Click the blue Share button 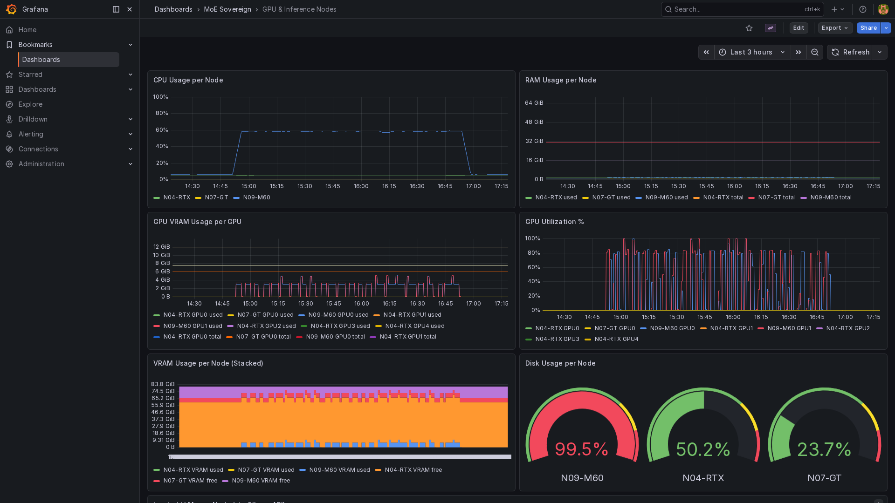tap(868, 28)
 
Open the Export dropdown tap(835, 28)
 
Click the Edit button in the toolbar tap(799, 28)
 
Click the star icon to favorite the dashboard tap(749, 28)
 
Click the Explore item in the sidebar tap(30, 104)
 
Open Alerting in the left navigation tap(31, 134)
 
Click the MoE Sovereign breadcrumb tap(227, 9)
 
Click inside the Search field tap(737, 9)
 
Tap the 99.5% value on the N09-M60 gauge tap(582, 449)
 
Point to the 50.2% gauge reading tap(703, 449)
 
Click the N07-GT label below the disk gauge tap(824, 478)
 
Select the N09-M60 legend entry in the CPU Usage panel tap(256, 197)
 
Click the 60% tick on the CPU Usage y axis tap(162, 130)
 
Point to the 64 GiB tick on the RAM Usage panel tap(534, 103)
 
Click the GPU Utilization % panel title tap(554, 222)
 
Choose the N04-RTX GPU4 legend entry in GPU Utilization tap(616, 339)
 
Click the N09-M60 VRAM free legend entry tap(261, 481)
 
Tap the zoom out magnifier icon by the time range tap(815, 52)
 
